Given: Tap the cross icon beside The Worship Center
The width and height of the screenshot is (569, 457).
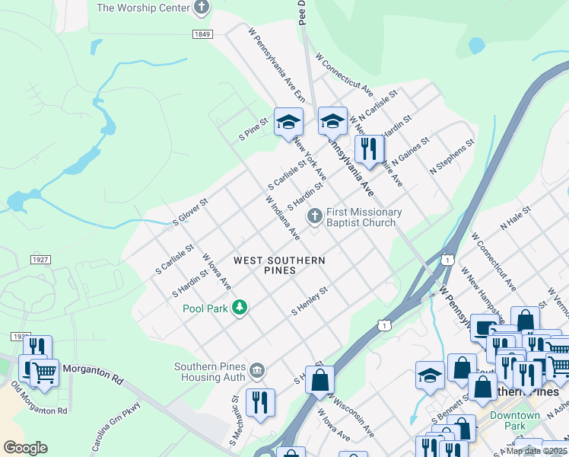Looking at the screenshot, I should tap(202, 8).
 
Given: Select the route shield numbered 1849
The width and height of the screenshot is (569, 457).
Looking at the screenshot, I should tap(202, 34).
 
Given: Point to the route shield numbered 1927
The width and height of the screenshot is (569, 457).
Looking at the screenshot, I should tap(40, 260).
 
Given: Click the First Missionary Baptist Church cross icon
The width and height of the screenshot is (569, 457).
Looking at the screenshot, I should tap(313, 218).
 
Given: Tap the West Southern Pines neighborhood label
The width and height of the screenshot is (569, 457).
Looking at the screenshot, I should tap(279, 265).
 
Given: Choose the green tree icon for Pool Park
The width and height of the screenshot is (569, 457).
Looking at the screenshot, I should tap(240, 308).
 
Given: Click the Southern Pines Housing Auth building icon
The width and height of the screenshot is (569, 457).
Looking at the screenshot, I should tap(258, 371).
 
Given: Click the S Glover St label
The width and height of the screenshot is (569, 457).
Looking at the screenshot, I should tap(190, 209).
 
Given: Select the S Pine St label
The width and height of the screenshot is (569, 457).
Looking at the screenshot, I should tap(254, 129).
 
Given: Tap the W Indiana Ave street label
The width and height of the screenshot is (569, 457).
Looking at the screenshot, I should tap(283, 218).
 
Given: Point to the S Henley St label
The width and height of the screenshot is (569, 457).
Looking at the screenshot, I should tap(310, 301).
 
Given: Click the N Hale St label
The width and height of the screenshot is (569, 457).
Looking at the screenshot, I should tap(515, 222).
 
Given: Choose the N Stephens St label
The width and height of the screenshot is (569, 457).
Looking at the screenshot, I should tap(452, 157).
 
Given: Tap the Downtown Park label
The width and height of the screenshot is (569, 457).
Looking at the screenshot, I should tap(515, 421).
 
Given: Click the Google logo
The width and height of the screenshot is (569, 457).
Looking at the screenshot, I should tap(25, 448).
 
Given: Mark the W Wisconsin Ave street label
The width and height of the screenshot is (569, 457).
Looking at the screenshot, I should tap(351, 416).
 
